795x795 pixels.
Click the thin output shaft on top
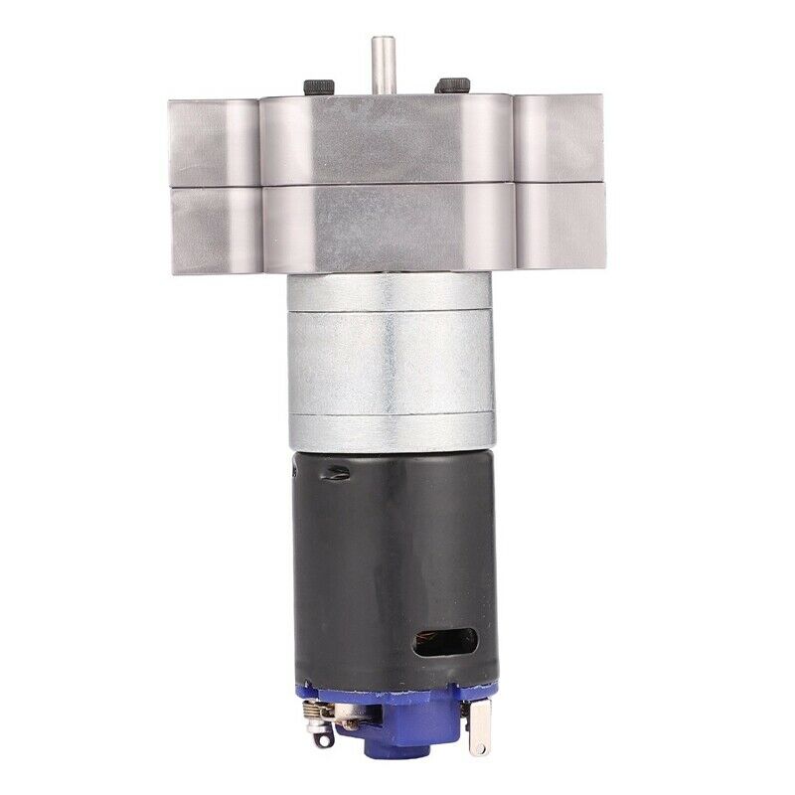[383, 66]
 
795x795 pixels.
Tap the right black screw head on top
[453, 84]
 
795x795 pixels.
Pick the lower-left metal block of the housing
[213, 231]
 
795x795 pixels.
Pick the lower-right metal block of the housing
[559, 228]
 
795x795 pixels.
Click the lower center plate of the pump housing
[388, 229]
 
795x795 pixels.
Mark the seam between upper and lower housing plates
[388, 186]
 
